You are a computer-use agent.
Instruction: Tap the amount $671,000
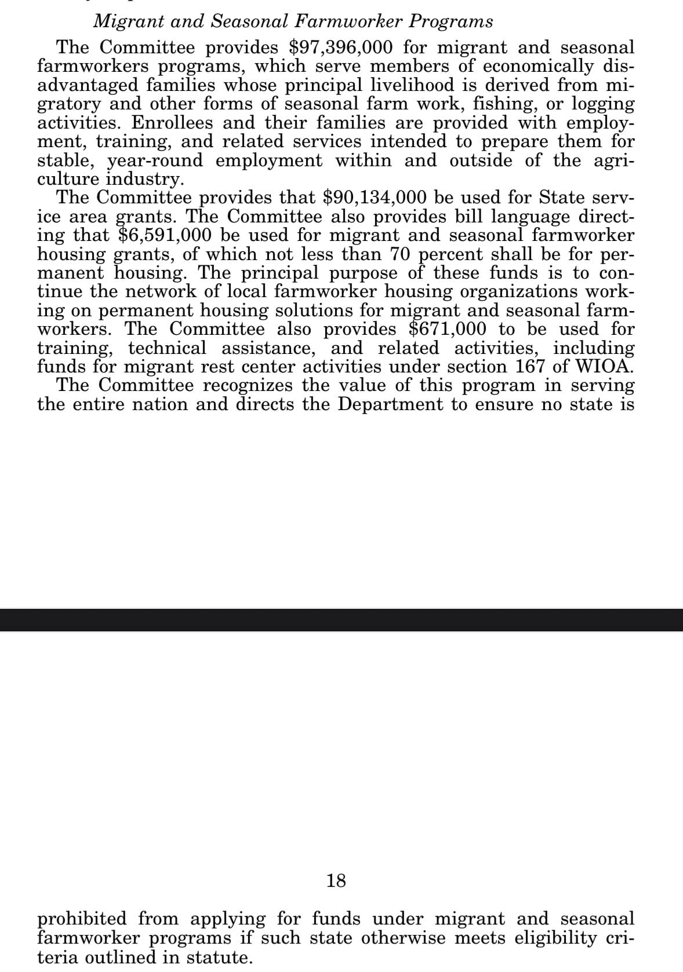coord(448,329)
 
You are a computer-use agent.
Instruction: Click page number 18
coord(336,881)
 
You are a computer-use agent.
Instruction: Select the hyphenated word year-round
coord(155,160)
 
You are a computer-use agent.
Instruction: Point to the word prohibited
coord(82,919)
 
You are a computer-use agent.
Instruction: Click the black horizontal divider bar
coord(341,620)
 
